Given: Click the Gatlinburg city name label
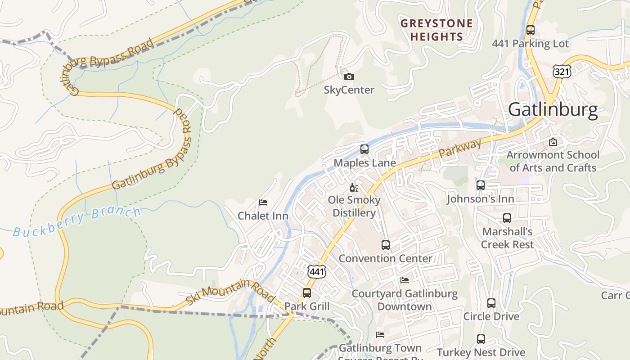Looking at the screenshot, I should [x=553, y=110].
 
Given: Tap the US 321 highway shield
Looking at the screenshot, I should [x=562, y=71].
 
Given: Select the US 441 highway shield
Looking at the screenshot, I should [x=316, y=271].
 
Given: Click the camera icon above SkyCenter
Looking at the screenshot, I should [x=349, y=77].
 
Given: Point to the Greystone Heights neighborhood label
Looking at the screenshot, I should [x=436, y=30].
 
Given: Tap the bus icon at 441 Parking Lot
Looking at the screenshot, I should [x=531, y=30].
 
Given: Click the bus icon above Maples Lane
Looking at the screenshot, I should [x=364, y=149].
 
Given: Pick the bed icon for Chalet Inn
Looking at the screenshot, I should [x=263, y=202].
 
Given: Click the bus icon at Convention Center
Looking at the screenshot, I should [x=386, y=245].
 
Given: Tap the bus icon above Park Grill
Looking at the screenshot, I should [x=307, y=293].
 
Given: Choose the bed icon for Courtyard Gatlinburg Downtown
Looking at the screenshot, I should [x=405, y=280].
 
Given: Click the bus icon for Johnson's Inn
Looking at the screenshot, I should [x=481, y=185].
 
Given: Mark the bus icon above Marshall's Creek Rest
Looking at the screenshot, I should [x=507, y=218].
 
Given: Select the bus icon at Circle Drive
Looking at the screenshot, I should [x=491, y=303].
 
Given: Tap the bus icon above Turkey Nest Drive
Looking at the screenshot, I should [x=481, y=339].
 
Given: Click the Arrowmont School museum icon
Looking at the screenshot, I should [x=553, y=142].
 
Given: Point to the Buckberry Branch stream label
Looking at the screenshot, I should [x=76, y=221].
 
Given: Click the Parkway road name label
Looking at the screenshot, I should [x=459, y=148].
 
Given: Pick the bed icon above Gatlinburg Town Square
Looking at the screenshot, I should [x=380, y=335].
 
